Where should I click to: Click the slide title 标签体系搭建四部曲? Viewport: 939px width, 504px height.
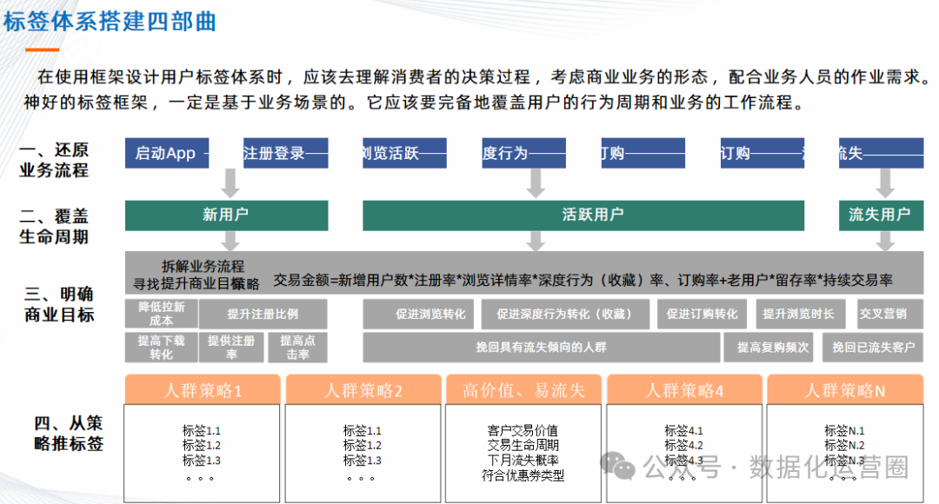tap(110, 21)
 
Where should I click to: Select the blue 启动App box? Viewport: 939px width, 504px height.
tap(166, 153)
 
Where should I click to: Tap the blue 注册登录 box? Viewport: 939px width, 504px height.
tap(285, 153)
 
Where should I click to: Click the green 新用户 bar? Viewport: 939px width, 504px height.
tap(226, 215)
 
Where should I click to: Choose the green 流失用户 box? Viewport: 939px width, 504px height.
tap(880, 215)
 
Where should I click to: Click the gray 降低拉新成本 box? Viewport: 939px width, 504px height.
tap(162, 314)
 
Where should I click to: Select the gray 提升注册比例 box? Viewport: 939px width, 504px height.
tap(263, 314)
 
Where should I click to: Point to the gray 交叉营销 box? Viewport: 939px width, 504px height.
tap(882, 314)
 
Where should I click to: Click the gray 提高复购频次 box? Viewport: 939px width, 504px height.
tap(773, 347)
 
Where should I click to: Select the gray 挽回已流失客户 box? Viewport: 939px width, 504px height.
tap(873, 347)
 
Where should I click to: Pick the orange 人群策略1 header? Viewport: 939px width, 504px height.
tap(203, 390)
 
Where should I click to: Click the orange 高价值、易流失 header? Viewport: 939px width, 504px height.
tap(523, 390)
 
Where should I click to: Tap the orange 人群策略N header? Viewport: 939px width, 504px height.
tap(844, 390)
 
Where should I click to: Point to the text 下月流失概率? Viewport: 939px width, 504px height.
tap(523, 460)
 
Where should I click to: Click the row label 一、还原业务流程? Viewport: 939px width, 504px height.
tap(54, 160)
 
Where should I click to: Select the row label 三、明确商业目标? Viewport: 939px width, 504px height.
tap(60, 303)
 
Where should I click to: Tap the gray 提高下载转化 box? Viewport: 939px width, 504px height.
tap(161, 348)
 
